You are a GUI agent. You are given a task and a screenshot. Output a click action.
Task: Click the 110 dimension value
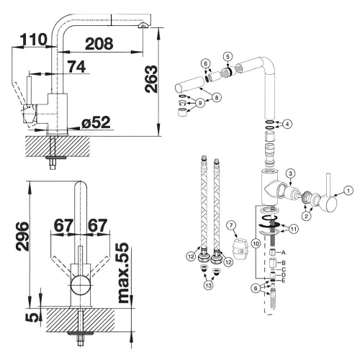(x=34, y=40)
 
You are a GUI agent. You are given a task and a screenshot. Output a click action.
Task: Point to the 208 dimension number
(x=99, y=44)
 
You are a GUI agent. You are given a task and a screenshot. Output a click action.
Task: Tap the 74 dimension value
(x=76, y=66)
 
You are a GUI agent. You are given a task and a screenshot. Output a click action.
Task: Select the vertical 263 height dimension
(x=151, y=78)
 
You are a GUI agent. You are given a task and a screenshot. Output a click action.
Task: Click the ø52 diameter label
(x=96, y=122)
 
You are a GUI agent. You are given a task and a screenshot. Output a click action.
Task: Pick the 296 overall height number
(x=22, y=236)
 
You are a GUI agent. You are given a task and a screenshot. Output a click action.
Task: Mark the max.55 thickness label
(x=124, y=273)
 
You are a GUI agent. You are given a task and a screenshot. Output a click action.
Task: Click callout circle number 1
(x=348, y=191)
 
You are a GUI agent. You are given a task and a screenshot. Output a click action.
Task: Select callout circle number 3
(x=290, y=174)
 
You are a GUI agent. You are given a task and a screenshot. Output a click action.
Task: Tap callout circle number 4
(x=287, y=124)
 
